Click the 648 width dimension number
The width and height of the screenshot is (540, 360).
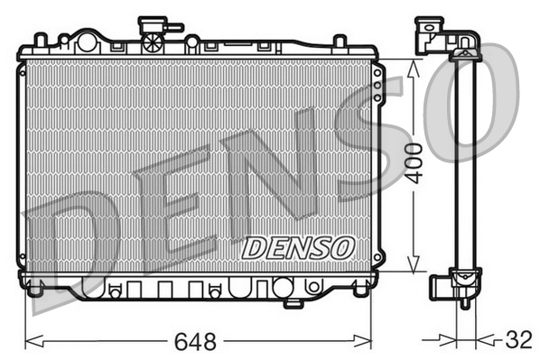[x=197, y=342]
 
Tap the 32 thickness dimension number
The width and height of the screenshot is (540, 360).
[x=517, y=340]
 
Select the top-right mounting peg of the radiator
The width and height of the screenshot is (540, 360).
[x=340, y=42]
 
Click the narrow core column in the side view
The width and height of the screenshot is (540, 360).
[x=465, y=162]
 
